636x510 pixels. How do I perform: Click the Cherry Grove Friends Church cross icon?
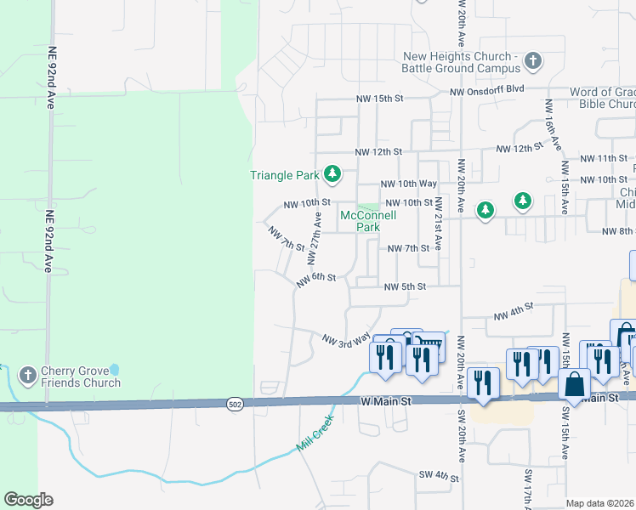[27, 374]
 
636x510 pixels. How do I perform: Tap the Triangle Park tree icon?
[332, 176]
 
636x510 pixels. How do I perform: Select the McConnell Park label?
[368, 221]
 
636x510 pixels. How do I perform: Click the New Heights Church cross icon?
[532, 61]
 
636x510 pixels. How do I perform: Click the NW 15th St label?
[378, 99]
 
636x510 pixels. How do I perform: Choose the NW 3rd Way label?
[346, 339]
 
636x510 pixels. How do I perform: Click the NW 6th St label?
[317, 280]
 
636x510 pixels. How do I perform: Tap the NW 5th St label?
[404, 287]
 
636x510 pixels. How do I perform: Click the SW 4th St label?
[438, 476]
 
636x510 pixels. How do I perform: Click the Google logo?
[28, 500]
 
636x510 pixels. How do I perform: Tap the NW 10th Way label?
[409, 184]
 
